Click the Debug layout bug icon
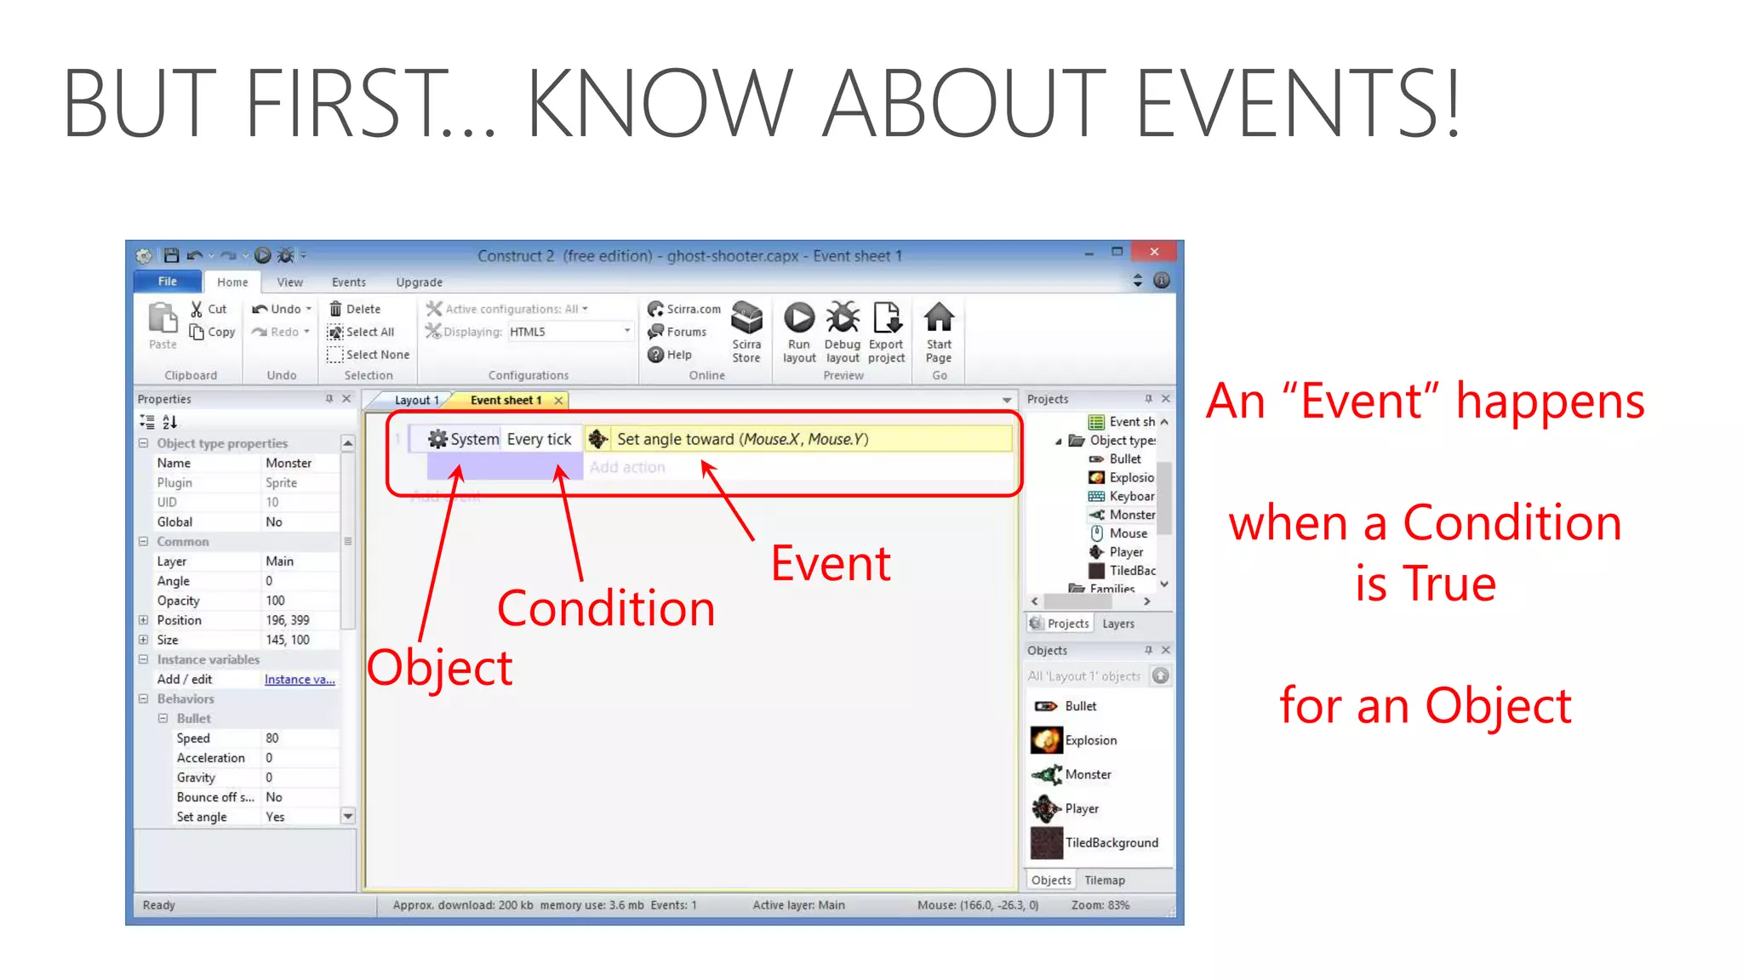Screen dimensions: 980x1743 click(843, 318)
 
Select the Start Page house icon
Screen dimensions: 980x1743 click(939, 318)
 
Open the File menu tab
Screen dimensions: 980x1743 click(168, 282)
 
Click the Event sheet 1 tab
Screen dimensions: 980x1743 click(506, 400)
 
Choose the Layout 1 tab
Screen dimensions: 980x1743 click(416, 400)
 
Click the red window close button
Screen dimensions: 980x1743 click(1153, 252)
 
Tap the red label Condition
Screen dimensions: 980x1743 click(606, 609)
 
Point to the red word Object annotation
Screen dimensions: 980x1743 click(440, 668)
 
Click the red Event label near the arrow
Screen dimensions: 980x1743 click(831, 564)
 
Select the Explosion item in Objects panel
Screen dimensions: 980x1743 click(1090, 740)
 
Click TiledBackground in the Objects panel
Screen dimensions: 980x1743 click(1111, 842)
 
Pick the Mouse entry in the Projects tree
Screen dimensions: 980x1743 click(1128, 533)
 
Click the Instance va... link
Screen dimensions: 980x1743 click(300, 679)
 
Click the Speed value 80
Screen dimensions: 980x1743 click(272, 738)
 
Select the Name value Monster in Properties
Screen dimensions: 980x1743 click(289, 463)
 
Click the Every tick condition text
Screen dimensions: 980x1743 click(539, 439)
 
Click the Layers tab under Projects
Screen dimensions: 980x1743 click(1117, 624)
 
